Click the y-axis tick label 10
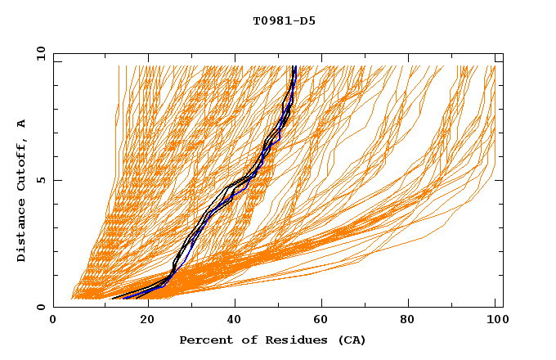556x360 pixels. [39, 53]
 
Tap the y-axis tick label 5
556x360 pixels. [39, 180]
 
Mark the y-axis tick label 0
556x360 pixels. [39, 307]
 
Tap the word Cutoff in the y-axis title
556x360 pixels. [21, 169]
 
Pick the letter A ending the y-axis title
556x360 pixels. [21, 124]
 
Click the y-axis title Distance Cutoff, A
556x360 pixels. [21, 191]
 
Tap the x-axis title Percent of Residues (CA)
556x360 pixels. [272, 340]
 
